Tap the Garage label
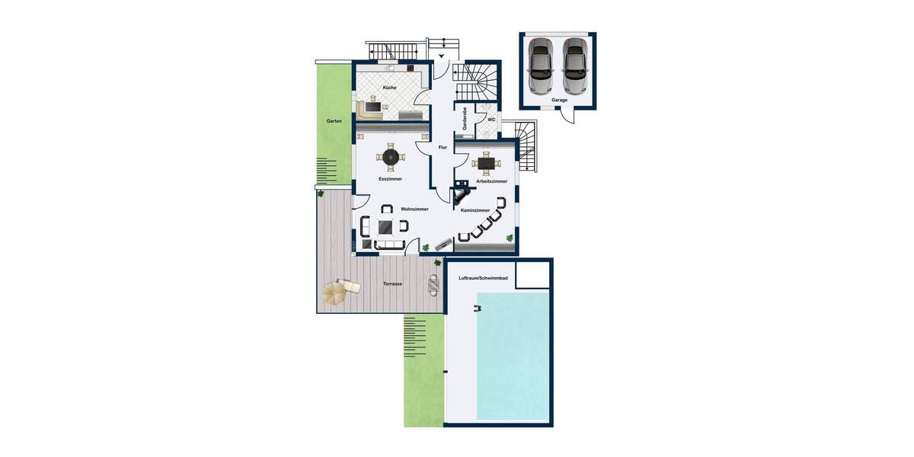(559, 100)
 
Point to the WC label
(491, 120)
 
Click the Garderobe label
(465, 119)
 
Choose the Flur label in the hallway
(443, 147)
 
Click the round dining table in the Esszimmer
(391, 158)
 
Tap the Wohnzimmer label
(414, 209)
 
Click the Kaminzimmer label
(475, 209)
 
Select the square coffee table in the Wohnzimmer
(385, 225)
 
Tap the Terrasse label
(393, 283)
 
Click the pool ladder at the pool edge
(478, 308)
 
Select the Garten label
(334, 121)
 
